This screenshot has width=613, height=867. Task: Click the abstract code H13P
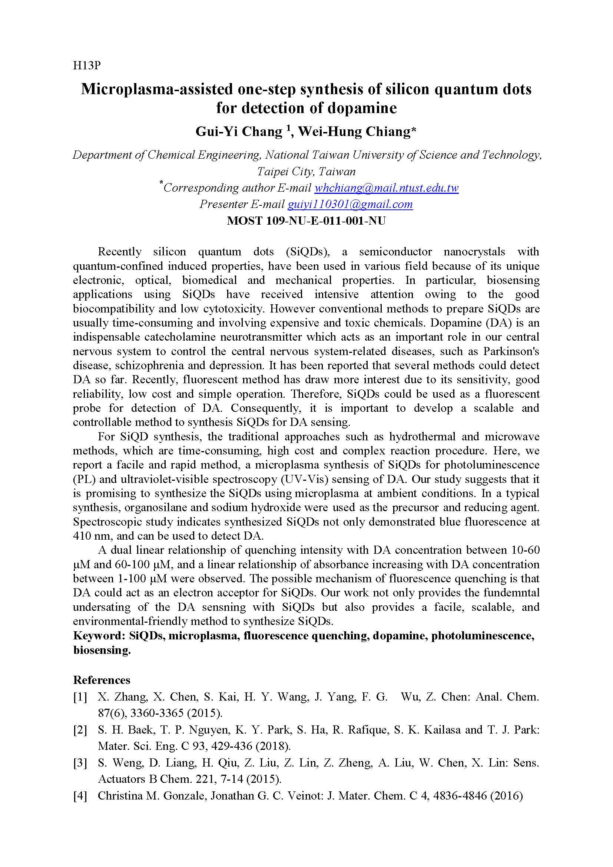87,66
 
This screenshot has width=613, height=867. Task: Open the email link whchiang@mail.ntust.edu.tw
386,188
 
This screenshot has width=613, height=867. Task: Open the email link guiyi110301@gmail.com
350,204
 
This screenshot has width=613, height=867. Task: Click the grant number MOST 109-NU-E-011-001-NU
306,221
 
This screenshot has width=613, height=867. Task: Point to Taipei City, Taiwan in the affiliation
306,172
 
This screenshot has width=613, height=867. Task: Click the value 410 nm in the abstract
88,536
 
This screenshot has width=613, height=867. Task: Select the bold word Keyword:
99,636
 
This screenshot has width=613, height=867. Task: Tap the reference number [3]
80,763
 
